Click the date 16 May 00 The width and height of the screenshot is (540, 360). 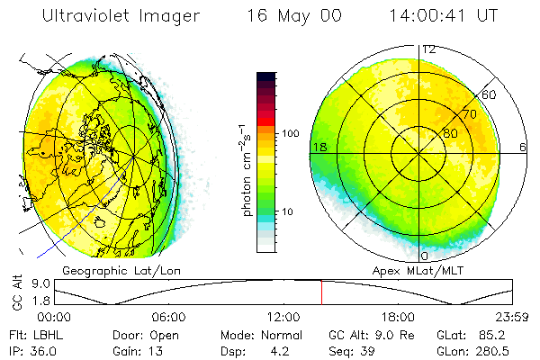pyautogui.click(x=280, y=16)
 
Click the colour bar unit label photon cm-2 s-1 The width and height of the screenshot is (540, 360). pyautogui.click(x=247, y=166)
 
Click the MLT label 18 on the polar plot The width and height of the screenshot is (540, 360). pyautogui.click(x=319, y=147)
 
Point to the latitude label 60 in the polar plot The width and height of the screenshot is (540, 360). pyautogui.click(x=490, y=94)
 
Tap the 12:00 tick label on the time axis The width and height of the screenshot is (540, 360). pyautogui.click(x=283, y=317)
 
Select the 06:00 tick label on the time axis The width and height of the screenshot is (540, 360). pyautogui.click(x=168, y=317)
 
